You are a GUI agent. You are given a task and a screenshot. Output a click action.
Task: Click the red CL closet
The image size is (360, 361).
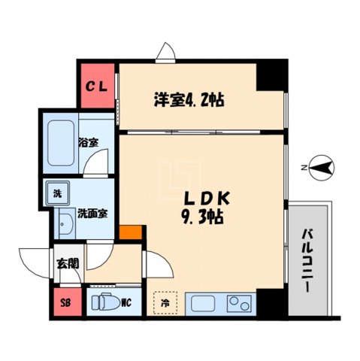pos(98,85)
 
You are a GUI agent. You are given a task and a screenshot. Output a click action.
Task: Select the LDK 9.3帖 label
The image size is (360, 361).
pos(201,208)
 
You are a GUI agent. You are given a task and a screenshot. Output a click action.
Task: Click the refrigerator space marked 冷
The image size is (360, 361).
pos(164,303)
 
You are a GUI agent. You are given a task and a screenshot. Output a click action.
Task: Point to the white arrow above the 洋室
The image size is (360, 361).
pos(166,53)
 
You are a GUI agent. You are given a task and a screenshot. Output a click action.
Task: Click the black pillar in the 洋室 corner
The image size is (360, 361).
pos(271,76)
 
